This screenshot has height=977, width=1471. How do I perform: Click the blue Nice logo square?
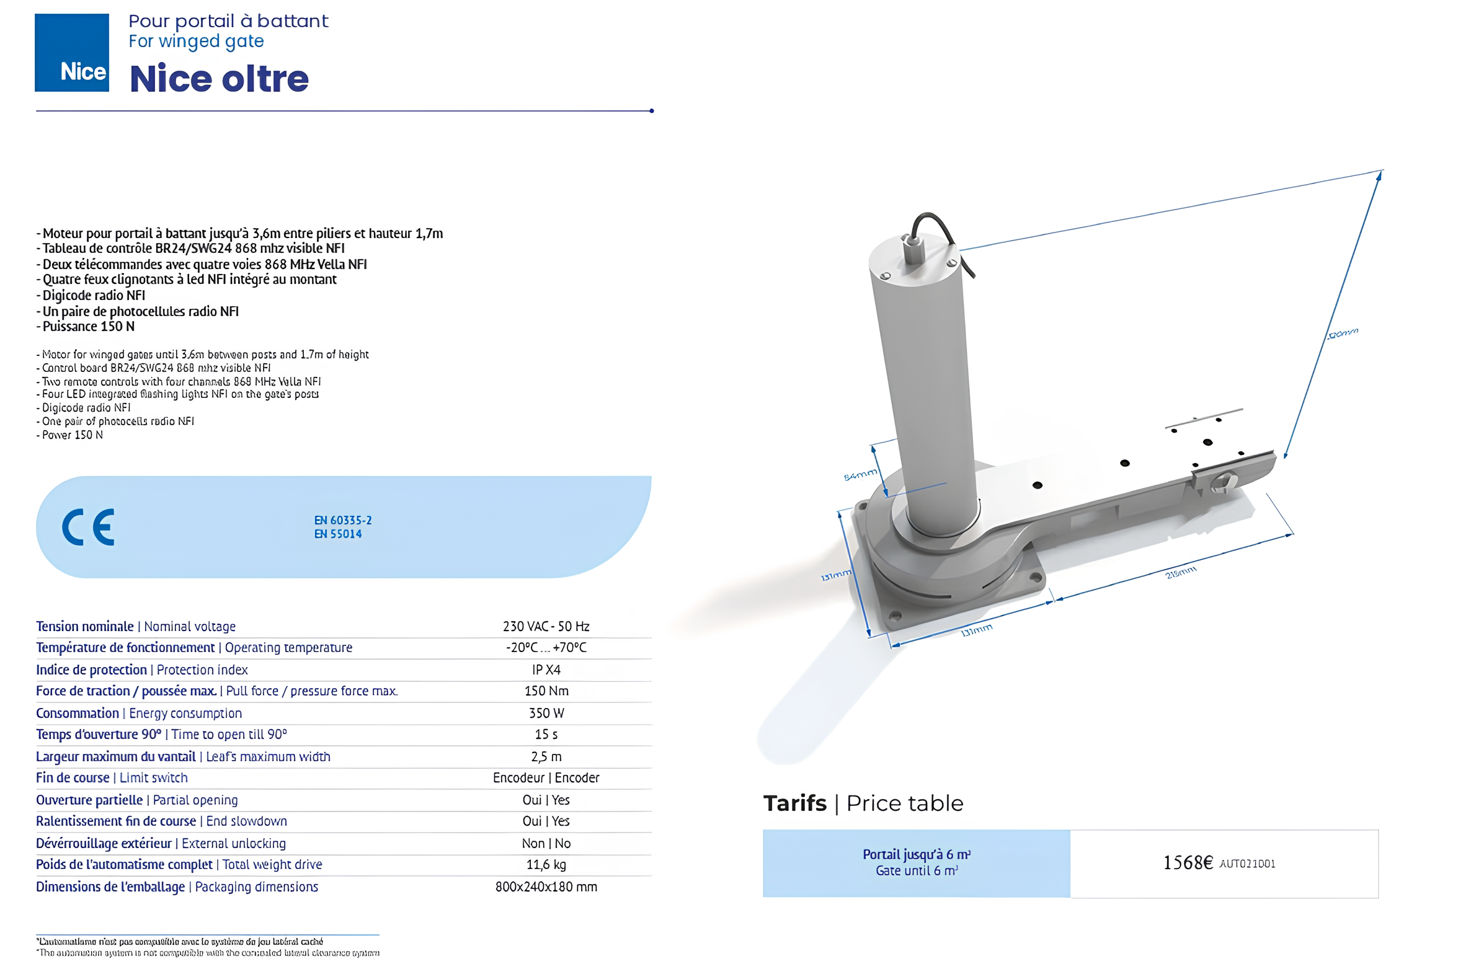(72, 52)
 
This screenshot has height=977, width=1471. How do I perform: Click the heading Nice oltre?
(219, 79)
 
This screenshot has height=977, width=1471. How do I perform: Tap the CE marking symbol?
(88, 527)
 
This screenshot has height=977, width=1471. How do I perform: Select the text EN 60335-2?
(343, 520)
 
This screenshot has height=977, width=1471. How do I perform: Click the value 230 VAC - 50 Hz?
(546, 626)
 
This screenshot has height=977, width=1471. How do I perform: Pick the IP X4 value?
(546, 670)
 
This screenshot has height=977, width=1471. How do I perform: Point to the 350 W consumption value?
(546, 713)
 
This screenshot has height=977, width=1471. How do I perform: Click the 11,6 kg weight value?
(546, 864)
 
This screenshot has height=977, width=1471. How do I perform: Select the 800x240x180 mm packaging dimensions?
(546, 886)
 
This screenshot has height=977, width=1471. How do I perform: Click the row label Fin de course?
(73, 777)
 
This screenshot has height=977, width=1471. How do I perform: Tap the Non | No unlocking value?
(546, 843)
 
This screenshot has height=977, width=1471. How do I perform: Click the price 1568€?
(1188, 863)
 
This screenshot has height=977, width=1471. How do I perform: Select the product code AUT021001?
(1247, 864)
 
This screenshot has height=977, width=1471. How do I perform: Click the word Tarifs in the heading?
(794, 804)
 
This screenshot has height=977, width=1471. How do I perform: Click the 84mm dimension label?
(860, 475)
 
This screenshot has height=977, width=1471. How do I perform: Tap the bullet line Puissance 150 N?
(88, 327)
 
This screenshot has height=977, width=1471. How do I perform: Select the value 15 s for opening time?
(546, 735)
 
